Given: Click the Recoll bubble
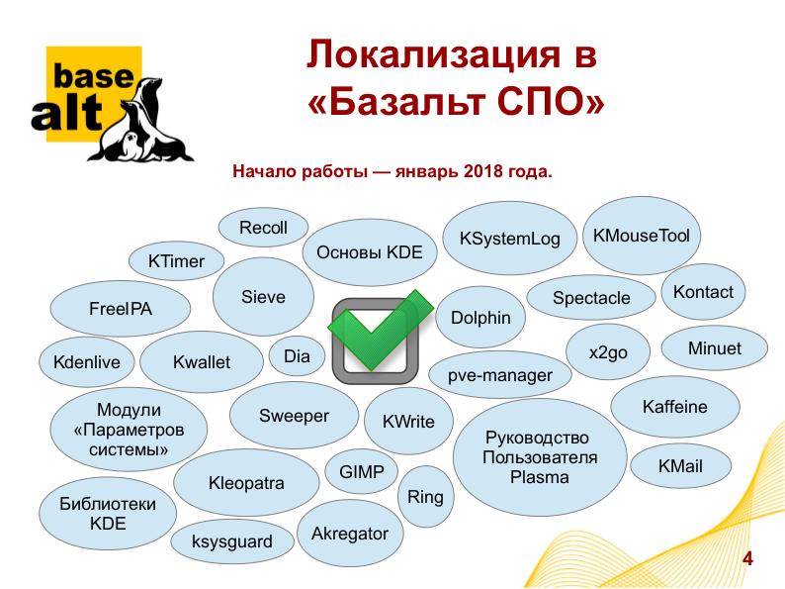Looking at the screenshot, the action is click(x=263, y=228).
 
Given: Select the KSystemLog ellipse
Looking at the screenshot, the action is click(x=509, y=239).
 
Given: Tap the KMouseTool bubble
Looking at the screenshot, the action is click(x=642, y=236).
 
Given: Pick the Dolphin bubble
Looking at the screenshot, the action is click(x=480, y=318).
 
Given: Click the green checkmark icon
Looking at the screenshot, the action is click(x=380, y=331).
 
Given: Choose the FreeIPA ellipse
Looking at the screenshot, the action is click(x=121, y=309).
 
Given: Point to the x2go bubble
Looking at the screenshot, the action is click(x=608, y=352).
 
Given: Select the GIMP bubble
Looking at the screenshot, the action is click(x=362, y=472).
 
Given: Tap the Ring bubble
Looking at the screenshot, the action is click(x=425, y=497).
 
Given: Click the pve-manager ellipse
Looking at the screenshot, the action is click(x=499, y=375).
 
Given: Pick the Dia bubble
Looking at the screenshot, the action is click(x=297, y=356).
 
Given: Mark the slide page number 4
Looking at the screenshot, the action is click(x=747, y=558).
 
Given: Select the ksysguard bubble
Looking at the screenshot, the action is click(x=232, y=541).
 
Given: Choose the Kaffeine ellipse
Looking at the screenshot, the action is click(x=675, y=407).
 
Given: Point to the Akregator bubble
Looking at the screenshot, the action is click(x=350, y=534).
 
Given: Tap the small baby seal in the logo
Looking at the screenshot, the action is click(x=132, y=145).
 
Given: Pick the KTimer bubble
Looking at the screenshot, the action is click(x=176, y=261).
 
